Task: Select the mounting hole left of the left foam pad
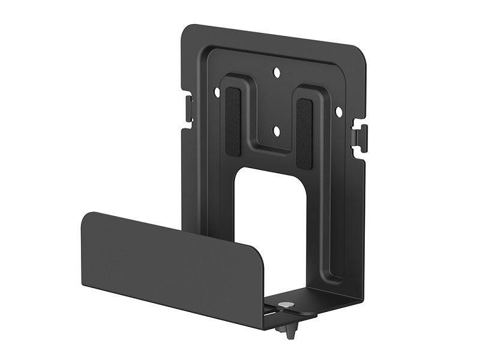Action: tap(217, 92)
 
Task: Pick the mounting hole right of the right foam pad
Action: tap(338, 112)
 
